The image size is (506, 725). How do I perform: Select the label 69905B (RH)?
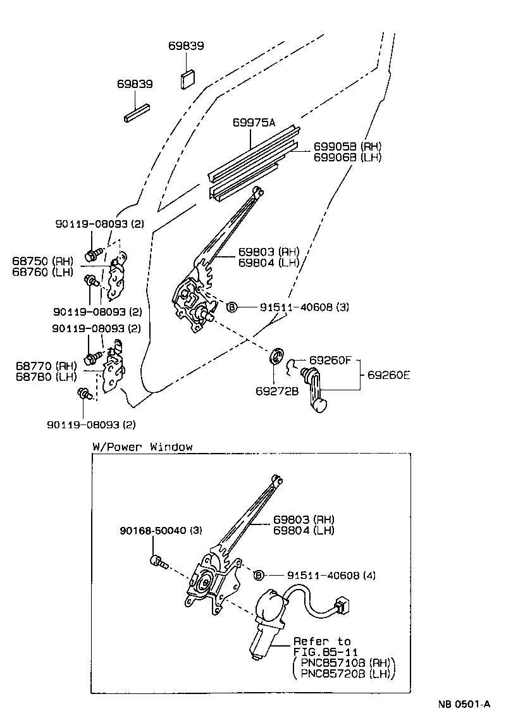[x=347, y=146]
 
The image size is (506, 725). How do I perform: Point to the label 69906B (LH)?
[x=347, y=157]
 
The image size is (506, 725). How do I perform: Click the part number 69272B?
[x=277, y=391]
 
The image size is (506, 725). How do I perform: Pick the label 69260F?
[x=330, y=360]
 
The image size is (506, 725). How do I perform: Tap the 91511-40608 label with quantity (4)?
[x=323, y=575]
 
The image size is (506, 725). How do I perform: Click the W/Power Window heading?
[x=142, y=447]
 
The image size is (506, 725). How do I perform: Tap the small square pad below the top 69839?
[x=188, y=79]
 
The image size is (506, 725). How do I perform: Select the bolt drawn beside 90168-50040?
[x=157, y=561]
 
